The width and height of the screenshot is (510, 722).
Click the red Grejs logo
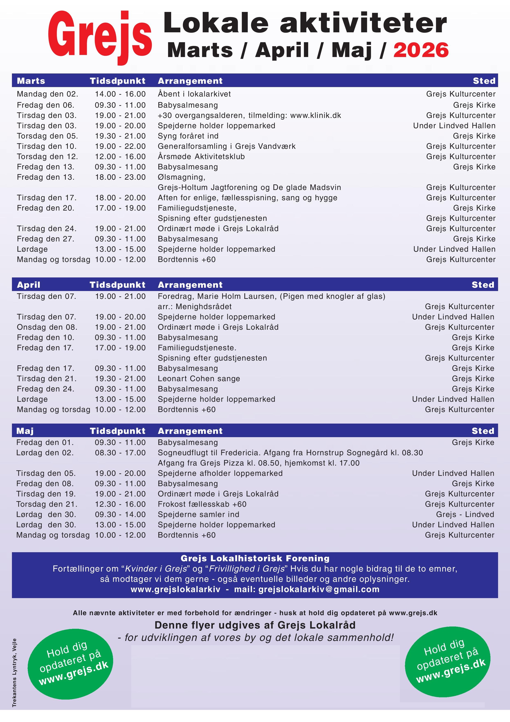pos(100,37)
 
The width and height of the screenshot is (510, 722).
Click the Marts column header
pos(31,81)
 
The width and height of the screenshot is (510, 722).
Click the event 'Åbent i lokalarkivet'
pos(194,94)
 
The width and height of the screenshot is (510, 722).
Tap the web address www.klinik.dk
pos(316,115)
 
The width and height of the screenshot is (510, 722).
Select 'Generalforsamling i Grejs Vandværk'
pos(227,146)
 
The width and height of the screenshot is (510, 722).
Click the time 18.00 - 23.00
pos(120,177)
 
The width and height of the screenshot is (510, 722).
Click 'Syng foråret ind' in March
pos(188,136)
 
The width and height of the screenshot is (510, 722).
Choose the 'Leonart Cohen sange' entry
pos(199,379)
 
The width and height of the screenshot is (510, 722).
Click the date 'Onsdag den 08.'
pos(47,327)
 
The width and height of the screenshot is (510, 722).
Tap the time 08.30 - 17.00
pos(120,453)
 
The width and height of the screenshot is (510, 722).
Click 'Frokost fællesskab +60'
pos(202,504)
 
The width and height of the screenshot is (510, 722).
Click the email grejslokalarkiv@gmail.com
pos(319,589)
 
